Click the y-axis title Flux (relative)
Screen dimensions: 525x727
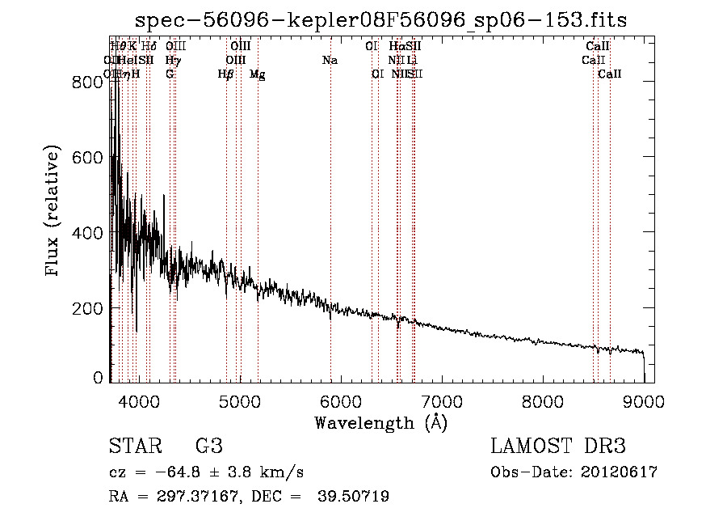[x=54, y=212]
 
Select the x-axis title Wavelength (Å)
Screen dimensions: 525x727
[x=380, y=422]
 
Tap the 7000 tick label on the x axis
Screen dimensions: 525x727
[x=442, y=400]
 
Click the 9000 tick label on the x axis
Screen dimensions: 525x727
[x=644, y=400]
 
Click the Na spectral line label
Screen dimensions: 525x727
[x=330, y=60]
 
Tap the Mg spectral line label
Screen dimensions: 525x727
[x=258, y=74]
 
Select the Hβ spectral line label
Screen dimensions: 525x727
[x=226, y=74]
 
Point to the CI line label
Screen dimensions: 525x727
[x=372, y=46]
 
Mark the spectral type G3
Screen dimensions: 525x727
[x=208, y=447]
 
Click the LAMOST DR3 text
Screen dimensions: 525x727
[x=558, y=447]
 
